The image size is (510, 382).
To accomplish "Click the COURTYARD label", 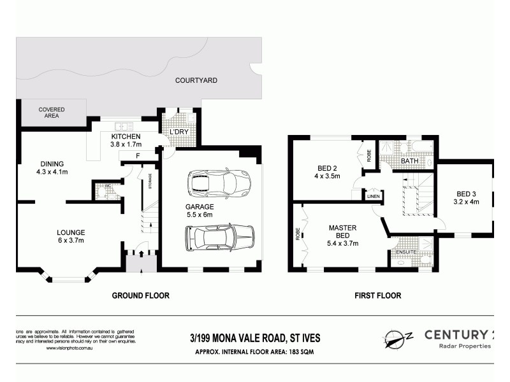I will (x=196, y=81).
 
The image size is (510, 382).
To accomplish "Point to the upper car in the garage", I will (x=219, y=183).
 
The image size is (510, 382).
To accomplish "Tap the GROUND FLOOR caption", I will (x=140, y=295).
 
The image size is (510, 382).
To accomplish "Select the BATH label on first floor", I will (x=410, y=162).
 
